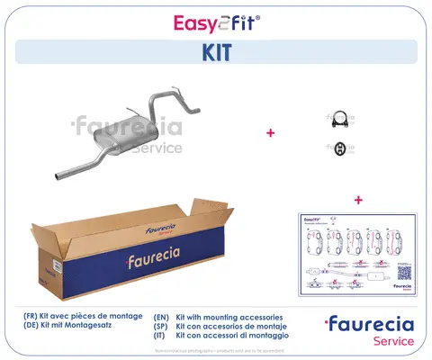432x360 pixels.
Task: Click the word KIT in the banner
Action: point(216,52)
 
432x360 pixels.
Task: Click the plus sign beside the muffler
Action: point(270,132)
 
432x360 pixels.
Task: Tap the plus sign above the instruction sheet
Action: point(358,199)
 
